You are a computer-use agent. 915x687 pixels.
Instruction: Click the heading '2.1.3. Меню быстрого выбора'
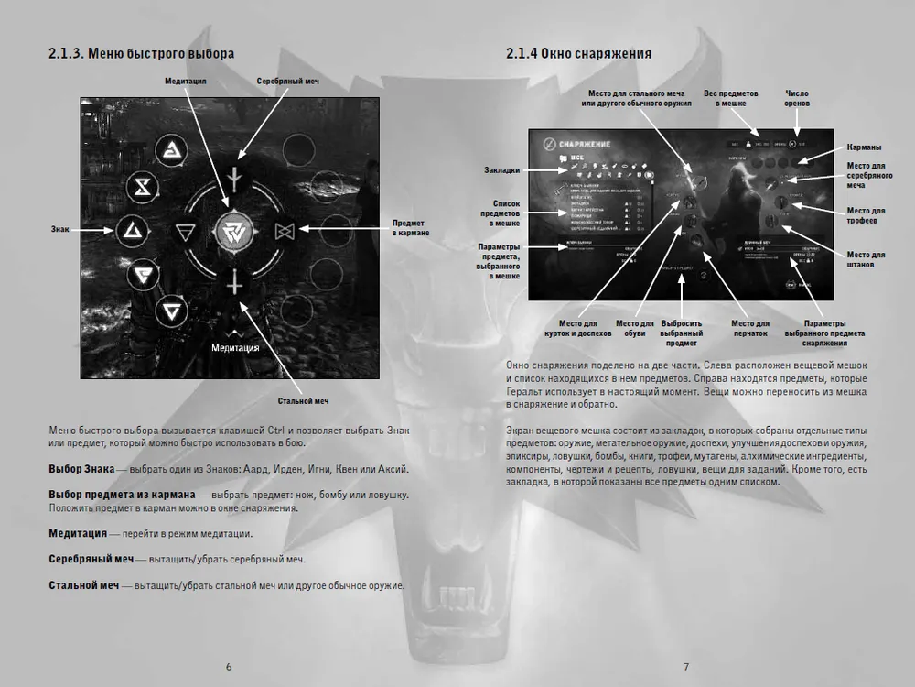(141, 54)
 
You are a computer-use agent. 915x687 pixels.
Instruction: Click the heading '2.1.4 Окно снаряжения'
(578, 54)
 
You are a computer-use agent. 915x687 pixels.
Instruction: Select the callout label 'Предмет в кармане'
(408, 229)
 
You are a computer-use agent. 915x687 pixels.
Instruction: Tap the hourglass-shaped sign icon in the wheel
(142, 188)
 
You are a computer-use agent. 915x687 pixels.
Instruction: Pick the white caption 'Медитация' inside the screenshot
(235, 348)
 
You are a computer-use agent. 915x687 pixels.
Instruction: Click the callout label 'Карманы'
(865, 147)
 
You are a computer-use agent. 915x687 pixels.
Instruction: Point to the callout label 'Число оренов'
(798, 98)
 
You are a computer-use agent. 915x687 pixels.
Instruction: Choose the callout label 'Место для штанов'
(866, 259)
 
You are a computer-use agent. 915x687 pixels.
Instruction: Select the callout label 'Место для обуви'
(633, 328)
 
